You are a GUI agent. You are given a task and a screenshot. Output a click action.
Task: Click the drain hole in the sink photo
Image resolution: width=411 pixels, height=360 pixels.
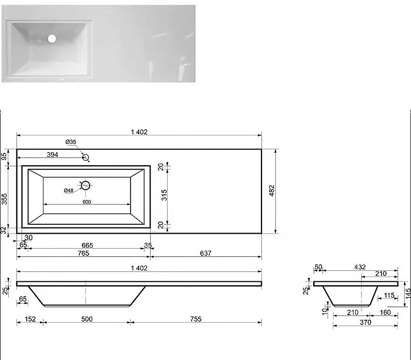[x=52, y=38]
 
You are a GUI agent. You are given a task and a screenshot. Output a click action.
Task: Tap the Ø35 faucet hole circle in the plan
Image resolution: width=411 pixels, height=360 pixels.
[x=85, y=157]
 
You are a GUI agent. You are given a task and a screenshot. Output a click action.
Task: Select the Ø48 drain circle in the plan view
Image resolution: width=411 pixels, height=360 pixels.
[x=85, y=185]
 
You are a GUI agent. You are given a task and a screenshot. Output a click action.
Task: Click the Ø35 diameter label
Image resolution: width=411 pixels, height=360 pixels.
[x=71, y=142]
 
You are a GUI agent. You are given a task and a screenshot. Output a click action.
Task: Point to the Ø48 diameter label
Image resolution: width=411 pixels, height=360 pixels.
[x=69, y=191]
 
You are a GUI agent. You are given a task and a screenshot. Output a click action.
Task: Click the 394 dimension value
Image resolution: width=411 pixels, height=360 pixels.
[x=52, y=155]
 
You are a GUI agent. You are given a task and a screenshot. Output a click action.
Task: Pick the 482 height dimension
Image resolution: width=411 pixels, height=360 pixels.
[x=272, y=191]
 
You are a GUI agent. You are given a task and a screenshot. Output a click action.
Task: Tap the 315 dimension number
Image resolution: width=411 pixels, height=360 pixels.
[x=164, y=195]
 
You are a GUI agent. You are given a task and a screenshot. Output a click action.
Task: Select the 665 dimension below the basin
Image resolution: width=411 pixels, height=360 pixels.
[x=87, y=246]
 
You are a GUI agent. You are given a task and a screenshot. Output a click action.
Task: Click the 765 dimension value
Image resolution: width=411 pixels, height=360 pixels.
[x=83, y=253]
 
